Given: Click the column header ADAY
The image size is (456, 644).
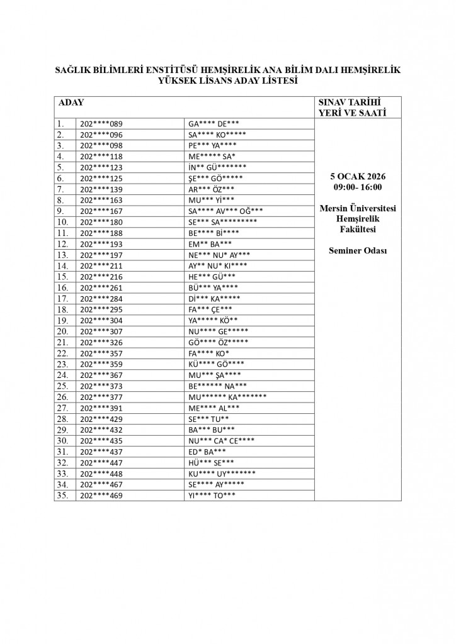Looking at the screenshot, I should (x=71, y=102).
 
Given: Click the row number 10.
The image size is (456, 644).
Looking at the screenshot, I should (x=62, y=222).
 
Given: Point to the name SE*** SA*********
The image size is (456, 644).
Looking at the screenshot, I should (x=222, y=222).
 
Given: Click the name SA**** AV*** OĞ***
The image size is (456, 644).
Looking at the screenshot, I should (x=225, y=211).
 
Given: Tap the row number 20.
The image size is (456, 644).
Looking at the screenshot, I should (x=62, y=331).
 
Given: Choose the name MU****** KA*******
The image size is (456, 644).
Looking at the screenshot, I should (x=227, y=397).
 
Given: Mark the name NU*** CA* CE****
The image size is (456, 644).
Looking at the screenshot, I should (x=221, y=441).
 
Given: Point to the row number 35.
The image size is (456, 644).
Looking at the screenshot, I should (x=62, y=496).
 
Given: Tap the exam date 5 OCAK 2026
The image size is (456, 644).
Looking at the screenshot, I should (x=357, y=177).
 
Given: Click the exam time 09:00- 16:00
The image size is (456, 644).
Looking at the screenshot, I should (x=357, y=187).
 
